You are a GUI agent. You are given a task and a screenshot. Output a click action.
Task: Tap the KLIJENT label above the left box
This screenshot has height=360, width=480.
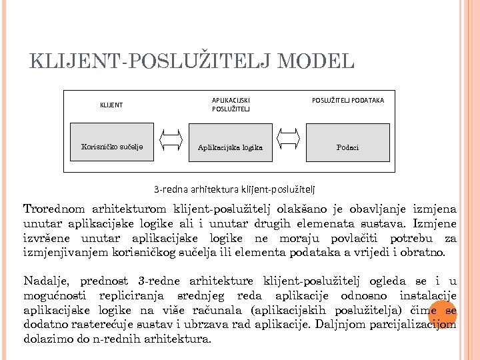[111, 105]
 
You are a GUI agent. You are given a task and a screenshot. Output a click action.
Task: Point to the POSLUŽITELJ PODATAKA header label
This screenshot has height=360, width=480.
[348, 101]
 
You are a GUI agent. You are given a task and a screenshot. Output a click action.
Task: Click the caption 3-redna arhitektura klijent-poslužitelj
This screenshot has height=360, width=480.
[235, 189]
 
